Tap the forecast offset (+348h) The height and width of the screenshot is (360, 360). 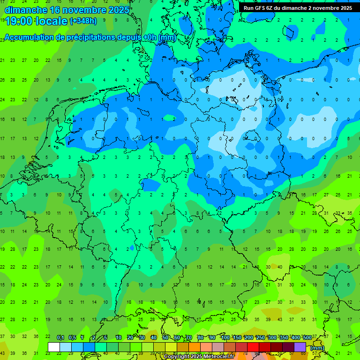83,21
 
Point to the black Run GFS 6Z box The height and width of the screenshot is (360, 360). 298,8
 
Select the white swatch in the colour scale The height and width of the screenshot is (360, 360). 54,347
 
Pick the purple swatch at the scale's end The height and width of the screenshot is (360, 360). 300,347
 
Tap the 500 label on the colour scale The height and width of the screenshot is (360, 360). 307,337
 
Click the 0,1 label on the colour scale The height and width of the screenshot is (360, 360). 60,337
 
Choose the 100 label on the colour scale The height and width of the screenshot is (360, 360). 225,337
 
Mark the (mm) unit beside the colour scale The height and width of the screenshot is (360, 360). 317,348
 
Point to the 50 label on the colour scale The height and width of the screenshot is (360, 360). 165,337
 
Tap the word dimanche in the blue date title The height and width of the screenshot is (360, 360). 26,10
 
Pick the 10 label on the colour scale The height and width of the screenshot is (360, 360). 119,337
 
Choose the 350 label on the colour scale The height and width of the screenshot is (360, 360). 284,337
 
